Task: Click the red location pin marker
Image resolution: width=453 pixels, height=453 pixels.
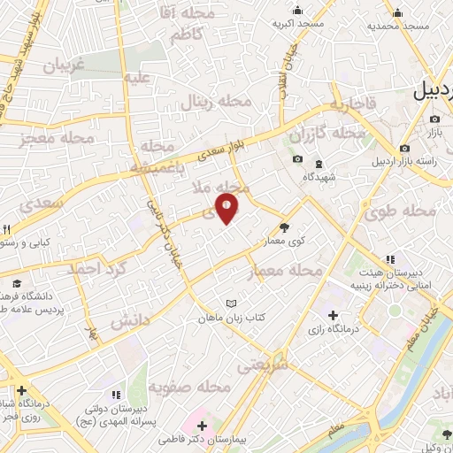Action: [227, 207]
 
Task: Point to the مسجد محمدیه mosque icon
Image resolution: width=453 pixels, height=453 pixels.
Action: [397, 12]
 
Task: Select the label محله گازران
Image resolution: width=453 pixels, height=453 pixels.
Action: [328, 134]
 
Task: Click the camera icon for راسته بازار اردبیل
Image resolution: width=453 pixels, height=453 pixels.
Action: [404, 149]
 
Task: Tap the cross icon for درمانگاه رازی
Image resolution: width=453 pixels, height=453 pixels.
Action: [333, 316]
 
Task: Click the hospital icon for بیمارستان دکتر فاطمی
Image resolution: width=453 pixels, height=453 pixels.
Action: [203, 426]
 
